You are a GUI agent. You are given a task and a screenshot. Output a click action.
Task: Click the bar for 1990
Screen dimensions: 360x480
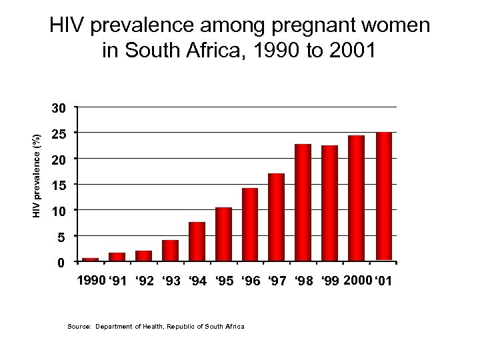(90, 259)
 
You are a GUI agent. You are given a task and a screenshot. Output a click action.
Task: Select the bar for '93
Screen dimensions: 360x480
(170, 250)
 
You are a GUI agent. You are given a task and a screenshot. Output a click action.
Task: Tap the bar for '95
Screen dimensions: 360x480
(223, 233)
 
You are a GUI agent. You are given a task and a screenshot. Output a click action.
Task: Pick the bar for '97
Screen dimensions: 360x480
(277, 217)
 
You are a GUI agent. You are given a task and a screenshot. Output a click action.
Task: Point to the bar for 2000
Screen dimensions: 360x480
(357, 198)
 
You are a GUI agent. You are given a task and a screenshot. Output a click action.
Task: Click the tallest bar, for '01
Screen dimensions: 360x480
(384, 196)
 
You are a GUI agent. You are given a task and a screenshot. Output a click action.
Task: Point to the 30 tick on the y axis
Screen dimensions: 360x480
(61, 107)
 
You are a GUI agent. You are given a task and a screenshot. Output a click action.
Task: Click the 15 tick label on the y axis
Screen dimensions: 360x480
(61, 185)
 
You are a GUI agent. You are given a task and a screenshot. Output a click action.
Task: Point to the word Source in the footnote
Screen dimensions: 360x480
(79, 327)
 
